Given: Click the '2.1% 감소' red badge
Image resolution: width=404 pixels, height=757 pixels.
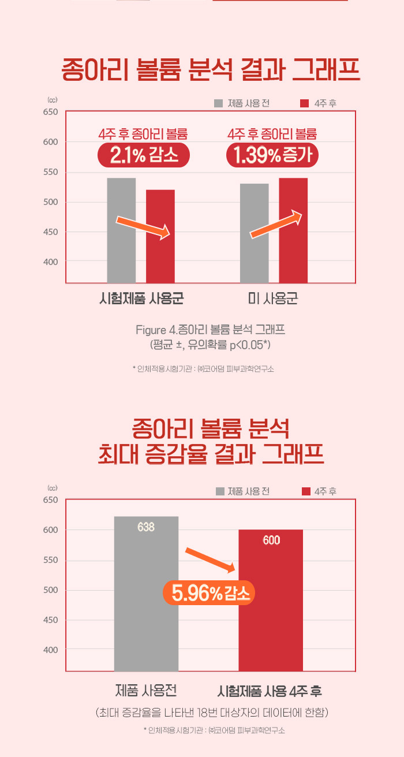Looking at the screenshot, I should (143, 155).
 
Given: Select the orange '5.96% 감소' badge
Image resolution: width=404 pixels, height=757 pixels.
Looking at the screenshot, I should (209, 593).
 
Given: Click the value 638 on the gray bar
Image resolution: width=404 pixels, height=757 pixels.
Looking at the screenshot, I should (146, 527).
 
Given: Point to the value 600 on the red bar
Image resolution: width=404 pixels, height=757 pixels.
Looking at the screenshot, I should (271, 540).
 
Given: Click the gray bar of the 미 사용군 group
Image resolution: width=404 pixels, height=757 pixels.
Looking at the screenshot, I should (255, 233).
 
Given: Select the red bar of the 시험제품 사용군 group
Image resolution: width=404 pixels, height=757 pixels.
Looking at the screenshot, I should (160, 236).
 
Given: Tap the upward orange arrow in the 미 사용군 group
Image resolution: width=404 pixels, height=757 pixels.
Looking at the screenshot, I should (276, 224).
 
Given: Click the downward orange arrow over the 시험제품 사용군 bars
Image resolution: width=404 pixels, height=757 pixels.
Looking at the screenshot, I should (143, 226).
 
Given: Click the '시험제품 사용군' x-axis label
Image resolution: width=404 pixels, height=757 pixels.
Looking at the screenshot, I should (141, 299).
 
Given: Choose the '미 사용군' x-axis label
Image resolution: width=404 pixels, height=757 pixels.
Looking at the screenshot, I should (272, 299).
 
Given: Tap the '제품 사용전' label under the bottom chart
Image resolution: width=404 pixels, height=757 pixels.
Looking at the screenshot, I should (145, 690).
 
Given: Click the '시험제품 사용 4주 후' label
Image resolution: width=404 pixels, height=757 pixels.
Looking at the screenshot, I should (270, 691).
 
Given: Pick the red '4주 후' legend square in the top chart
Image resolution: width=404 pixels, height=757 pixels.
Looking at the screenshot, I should (305, 103).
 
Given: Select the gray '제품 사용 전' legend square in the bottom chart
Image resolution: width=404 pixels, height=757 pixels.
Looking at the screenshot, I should (220, 491).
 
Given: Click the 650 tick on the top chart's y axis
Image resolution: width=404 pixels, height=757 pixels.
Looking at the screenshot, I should (50, 111).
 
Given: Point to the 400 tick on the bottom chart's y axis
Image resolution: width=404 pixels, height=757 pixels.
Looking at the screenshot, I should (50, 650).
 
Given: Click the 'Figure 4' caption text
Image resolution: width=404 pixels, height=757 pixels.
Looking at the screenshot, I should (210, 330).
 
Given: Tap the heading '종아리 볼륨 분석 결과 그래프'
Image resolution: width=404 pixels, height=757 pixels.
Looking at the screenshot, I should (211, 71).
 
